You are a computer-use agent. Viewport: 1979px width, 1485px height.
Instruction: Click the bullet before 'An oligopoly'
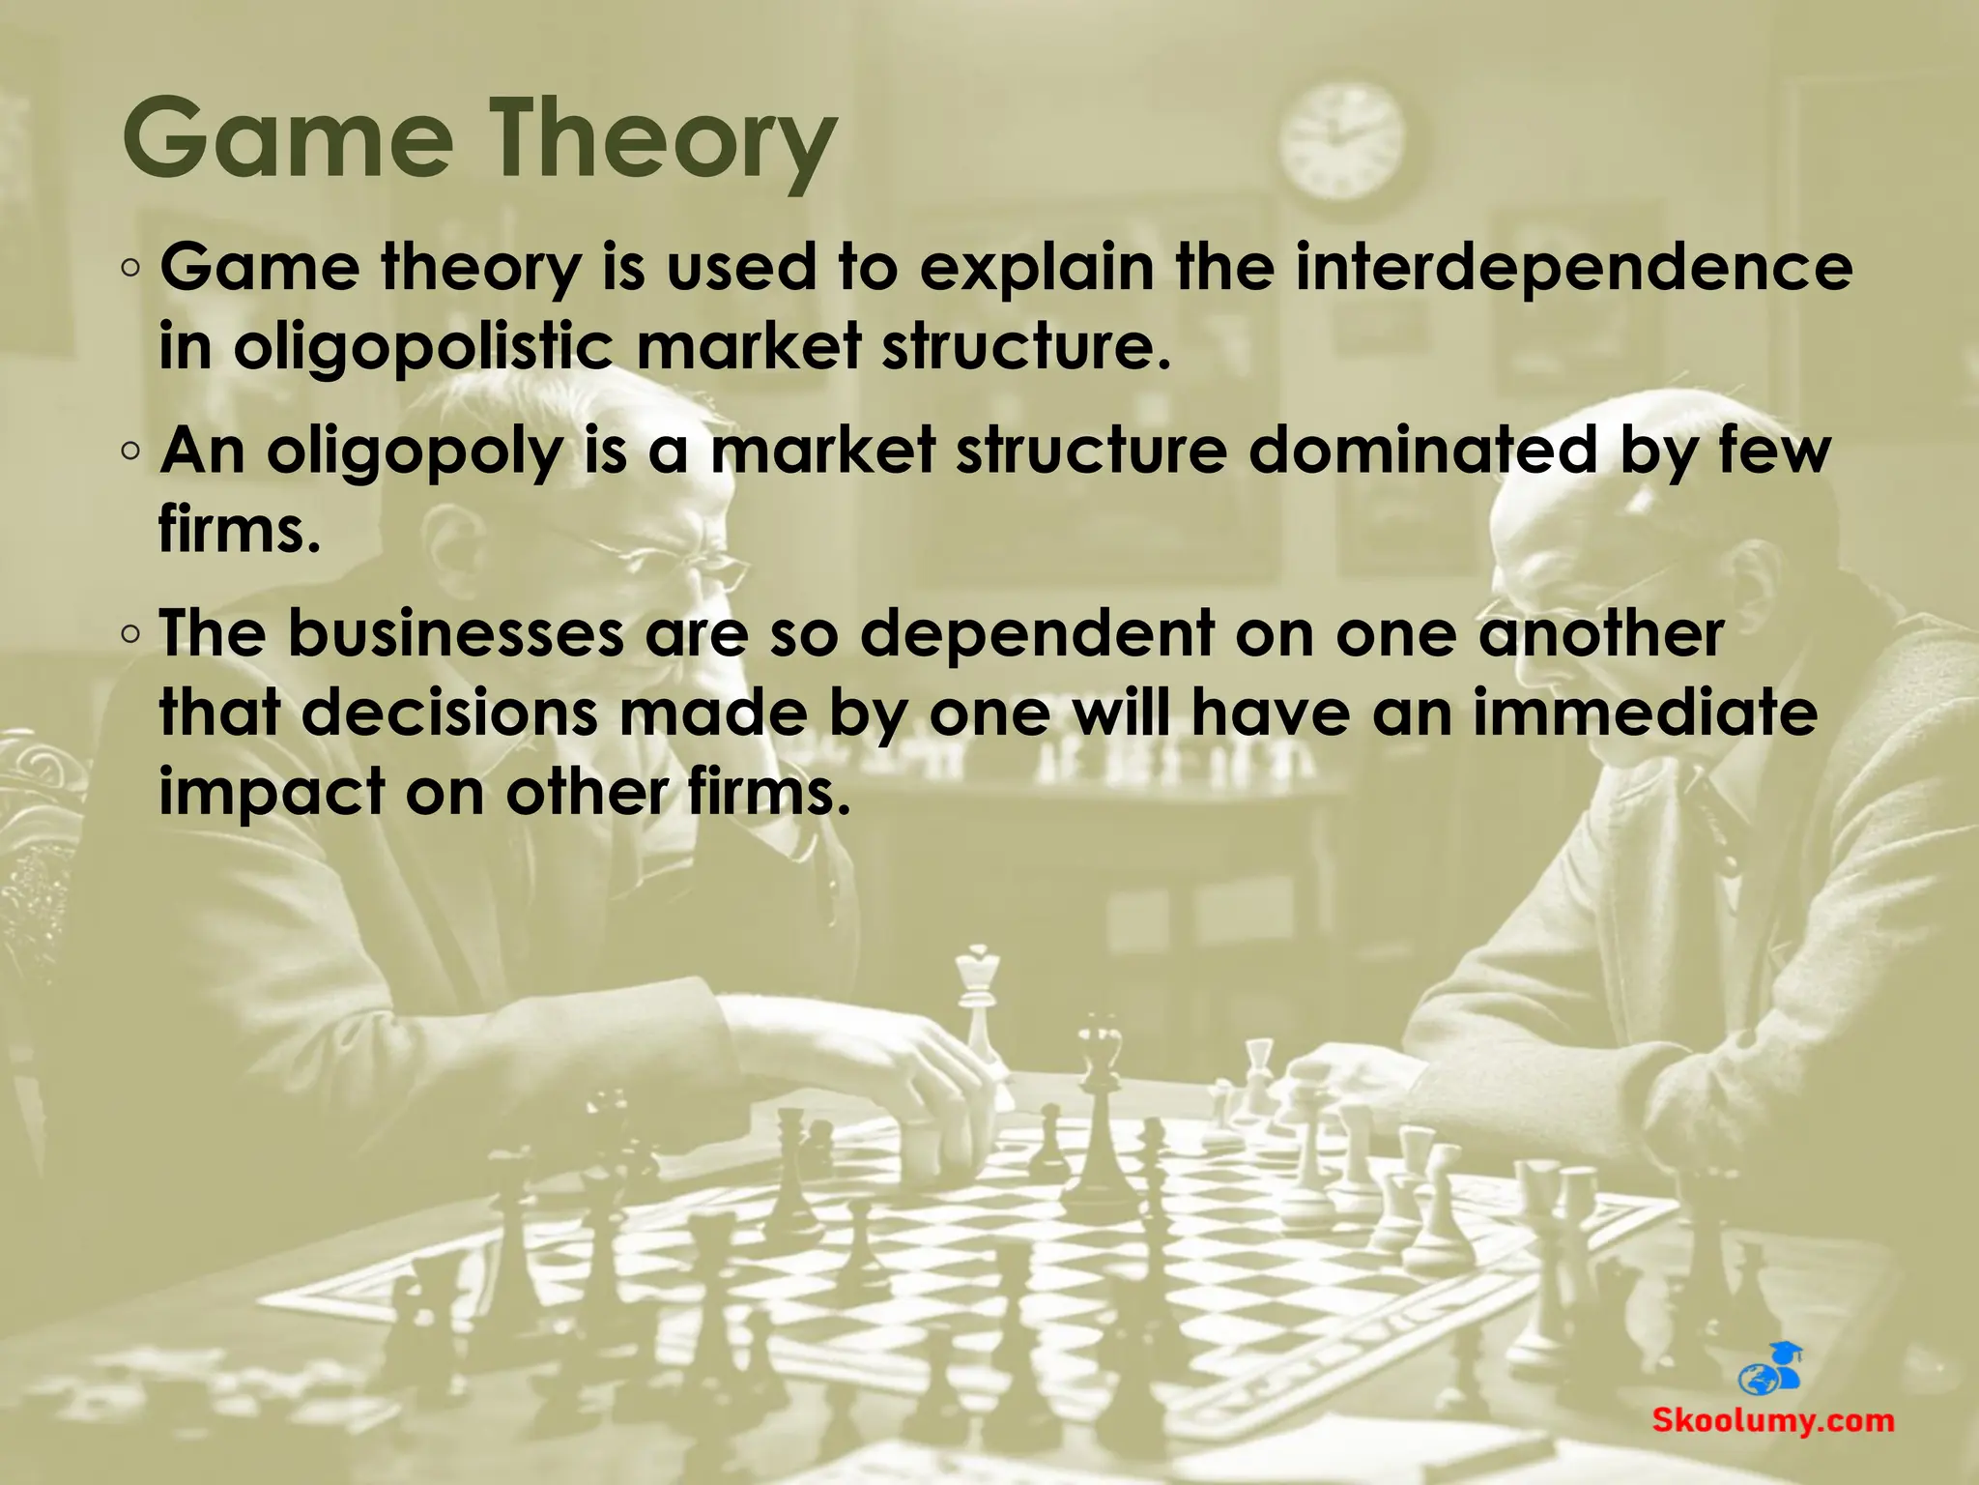pos(132,451)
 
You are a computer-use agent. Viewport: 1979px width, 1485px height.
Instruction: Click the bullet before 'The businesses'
pos(132,634)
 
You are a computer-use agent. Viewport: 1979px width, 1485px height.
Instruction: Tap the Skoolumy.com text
pos(1772,1421)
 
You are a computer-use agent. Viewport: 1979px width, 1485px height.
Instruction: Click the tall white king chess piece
pos(981,1005)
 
